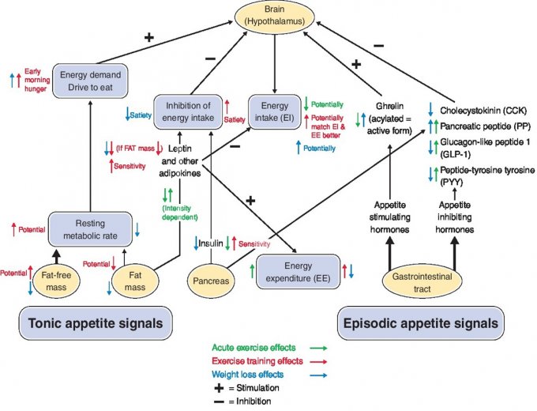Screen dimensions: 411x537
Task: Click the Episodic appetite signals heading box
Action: (x=420, y=323)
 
